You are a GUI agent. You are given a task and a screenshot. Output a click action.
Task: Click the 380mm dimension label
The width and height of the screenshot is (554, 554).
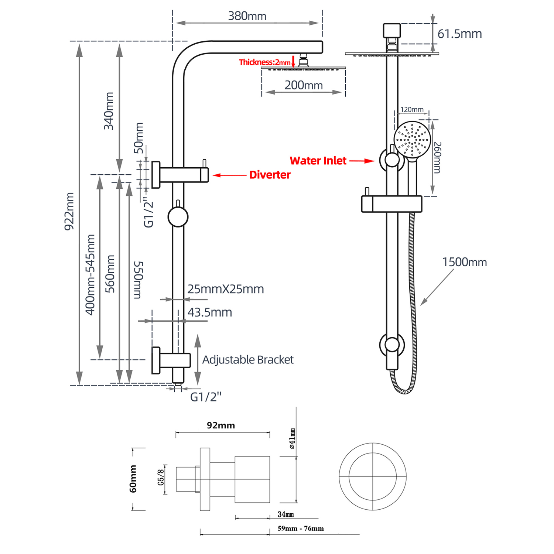pos(247,16)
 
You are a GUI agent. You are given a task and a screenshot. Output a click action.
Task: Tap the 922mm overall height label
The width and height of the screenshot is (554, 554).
pos(69,211)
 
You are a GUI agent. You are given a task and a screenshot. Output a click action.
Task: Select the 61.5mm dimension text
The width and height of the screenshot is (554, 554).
pos(459,34)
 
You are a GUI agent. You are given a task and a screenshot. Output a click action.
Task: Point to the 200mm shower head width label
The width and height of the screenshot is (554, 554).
pos(304,85)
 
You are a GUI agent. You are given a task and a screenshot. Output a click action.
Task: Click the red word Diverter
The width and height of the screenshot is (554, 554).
pos(270,175)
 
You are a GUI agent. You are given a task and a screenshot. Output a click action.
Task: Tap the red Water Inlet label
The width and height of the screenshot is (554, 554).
pos(318,161)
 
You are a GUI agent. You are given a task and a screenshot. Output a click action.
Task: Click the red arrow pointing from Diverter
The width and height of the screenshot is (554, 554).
pos(229,175)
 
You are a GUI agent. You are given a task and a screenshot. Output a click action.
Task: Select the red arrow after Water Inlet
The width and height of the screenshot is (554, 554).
pos(362,161)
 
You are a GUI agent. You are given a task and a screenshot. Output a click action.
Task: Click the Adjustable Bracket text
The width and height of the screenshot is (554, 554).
pos(248,359)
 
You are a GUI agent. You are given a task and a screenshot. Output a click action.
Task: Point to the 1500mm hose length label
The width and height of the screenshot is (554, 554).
pos(465,262)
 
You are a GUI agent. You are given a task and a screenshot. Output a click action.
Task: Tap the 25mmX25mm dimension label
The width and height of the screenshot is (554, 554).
pos(226,289)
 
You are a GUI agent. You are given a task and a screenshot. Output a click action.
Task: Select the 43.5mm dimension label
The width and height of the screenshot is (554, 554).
pos(210,312)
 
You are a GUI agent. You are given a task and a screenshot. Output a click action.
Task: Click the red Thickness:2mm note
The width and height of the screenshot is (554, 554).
pos(265,62)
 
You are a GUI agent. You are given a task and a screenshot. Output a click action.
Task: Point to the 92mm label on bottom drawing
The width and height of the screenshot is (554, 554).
pos(221,425)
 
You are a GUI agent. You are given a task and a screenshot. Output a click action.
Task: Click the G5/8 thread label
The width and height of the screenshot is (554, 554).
pos(161,477)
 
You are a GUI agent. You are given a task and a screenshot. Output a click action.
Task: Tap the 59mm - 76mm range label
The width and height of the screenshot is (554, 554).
pos(301,529)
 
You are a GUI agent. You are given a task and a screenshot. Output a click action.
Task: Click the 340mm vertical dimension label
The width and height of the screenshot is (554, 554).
pos(109,111)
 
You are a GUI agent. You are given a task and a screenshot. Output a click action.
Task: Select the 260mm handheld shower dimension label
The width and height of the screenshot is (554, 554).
pos(437,157)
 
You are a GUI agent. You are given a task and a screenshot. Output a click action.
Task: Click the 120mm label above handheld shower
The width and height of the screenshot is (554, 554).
pos(412,109)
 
